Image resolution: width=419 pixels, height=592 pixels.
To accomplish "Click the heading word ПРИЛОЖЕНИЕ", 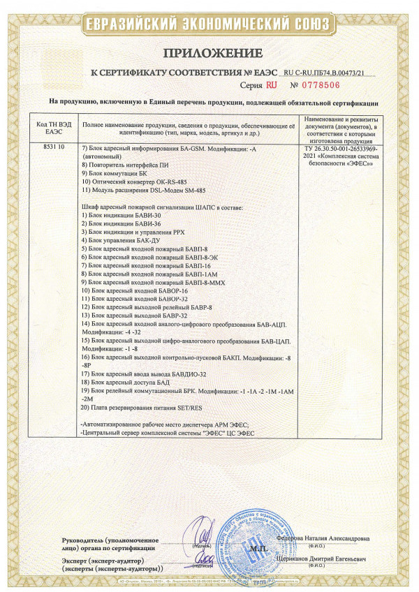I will (214, 53).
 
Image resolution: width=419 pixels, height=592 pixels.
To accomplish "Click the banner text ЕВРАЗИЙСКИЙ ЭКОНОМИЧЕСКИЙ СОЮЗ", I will (209, 24).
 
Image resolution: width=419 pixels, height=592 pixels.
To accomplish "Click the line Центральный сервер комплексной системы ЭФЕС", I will (168, 432).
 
